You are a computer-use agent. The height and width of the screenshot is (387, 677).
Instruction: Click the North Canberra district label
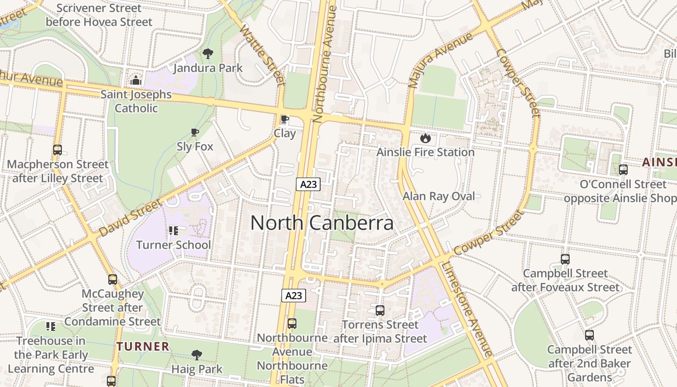tap(322, 223)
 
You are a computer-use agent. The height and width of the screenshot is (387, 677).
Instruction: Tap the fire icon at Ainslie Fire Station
tap(425, 138)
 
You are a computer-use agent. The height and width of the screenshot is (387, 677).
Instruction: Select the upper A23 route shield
tap(308, 184)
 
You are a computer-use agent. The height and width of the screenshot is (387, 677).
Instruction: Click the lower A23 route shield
tap(294, 295)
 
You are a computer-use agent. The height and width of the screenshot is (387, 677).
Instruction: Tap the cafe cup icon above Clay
tap(285, 119)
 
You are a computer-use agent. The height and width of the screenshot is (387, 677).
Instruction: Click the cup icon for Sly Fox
tap(195, 132)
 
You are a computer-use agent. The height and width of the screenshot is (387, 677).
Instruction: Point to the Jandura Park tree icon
tap(208, 53)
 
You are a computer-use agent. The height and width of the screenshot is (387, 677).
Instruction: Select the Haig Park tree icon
tap(196, 355)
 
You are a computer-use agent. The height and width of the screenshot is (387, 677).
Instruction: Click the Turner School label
tap(173, 245)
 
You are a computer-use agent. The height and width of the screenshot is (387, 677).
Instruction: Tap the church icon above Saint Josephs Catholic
tap(136, 80)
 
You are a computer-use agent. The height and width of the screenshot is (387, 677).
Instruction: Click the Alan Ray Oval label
tap(439, 196)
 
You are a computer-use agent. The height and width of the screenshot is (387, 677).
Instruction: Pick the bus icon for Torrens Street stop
tap(380, 310)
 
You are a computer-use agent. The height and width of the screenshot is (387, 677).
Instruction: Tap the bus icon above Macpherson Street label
tap(58, 150)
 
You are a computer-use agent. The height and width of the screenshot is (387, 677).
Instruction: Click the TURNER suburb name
tap(143, 346)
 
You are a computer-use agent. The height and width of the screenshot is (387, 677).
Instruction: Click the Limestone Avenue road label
tap(467, 310)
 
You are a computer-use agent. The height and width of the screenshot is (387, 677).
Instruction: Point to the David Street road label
tap(131, 219)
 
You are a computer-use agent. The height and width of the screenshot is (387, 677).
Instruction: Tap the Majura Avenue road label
tap(440, 60)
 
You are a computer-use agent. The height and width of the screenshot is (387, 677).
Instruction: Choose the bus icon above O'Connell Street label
tap(623, 170)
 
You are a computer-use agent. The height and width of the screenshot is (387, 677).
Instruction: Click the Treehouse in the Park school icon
tap(51, 327)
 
